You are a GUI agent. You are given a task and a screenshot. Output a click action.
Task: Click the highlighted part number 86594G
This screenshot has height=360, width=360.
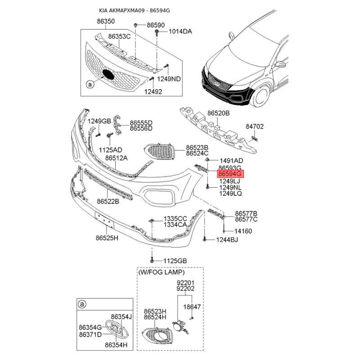230,174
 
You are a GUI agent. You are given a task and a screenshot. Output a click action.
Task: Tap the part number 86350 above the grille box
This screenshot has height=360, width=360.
106,21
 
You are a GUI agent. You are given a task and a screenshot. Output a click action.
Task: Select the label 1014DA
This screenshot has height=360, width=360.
180,31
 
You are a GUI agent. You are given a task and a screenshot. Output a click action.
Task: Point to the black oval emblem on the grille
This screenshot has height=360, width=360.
108,74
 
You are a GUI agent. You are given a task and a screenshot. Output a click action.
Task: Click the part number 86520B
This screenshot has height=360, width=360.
218,113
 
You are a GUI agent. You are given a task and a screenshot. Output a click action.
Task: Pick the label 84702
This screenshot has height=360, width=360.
255,126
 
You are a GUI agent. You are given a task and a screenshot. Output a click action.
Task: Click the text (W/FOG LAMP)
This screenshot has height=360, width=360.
162,272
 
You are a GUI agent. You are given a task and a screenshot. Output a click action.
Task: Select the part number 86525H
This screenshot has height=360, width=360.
107,238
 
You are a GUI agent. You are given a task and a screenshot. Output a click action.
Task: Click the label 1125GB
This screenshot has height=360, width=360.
175,261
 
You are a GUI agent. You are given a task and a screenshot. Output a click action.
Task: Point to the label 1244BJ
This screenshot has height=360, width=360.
227,240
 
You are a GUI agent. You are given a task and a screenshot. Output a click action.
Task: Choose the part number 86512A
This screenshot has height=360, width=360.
117,158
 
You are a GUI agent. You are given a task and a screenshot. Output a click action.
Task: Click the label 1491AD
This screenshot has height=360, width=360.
231,161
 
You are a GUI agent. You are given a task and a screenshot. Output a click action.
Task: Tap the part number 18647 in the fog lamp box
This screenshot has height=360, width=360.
192,307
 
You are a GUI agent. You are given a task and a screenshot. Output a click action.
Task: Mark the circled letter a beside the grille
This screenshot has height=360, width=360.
90,85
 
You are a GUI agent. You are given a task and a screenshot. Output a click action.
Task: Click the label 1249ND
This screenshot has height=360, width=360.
169,79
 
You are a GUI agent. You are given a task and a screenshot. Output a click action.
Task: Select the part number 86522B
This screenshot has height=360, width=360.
108,202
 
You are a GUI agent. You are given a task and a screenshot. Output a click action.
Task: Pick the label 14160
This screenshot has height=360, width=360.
243,231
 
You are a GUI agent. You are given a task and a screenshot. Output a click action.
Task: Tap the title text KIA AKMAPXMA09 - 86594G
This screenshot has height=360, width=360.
135,10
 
